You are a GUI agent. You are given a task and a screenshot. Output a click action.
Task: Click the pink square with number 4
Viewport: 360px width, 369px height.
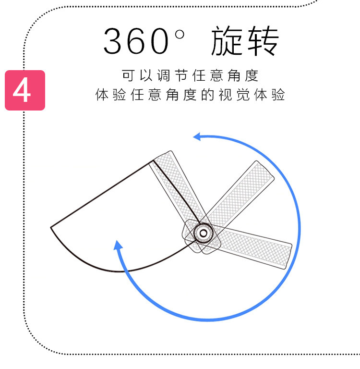[x=25, y=90]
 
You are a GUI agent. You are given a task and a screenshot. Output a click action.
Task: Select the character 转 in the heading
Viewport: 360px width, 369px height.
[x=262, y=41]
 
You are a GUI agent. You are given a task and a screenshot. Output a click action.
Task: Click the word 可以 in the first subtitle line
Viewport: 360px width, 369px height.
[x=135, y=75]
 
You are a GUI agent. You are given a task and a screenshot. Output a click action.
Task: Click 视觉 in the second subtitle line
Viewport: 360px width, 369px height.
[x=232, y=95]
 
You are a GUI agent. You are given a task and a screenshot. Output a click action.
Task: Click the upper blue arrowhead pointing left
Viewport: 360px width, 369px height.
[x=198, y=137]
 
